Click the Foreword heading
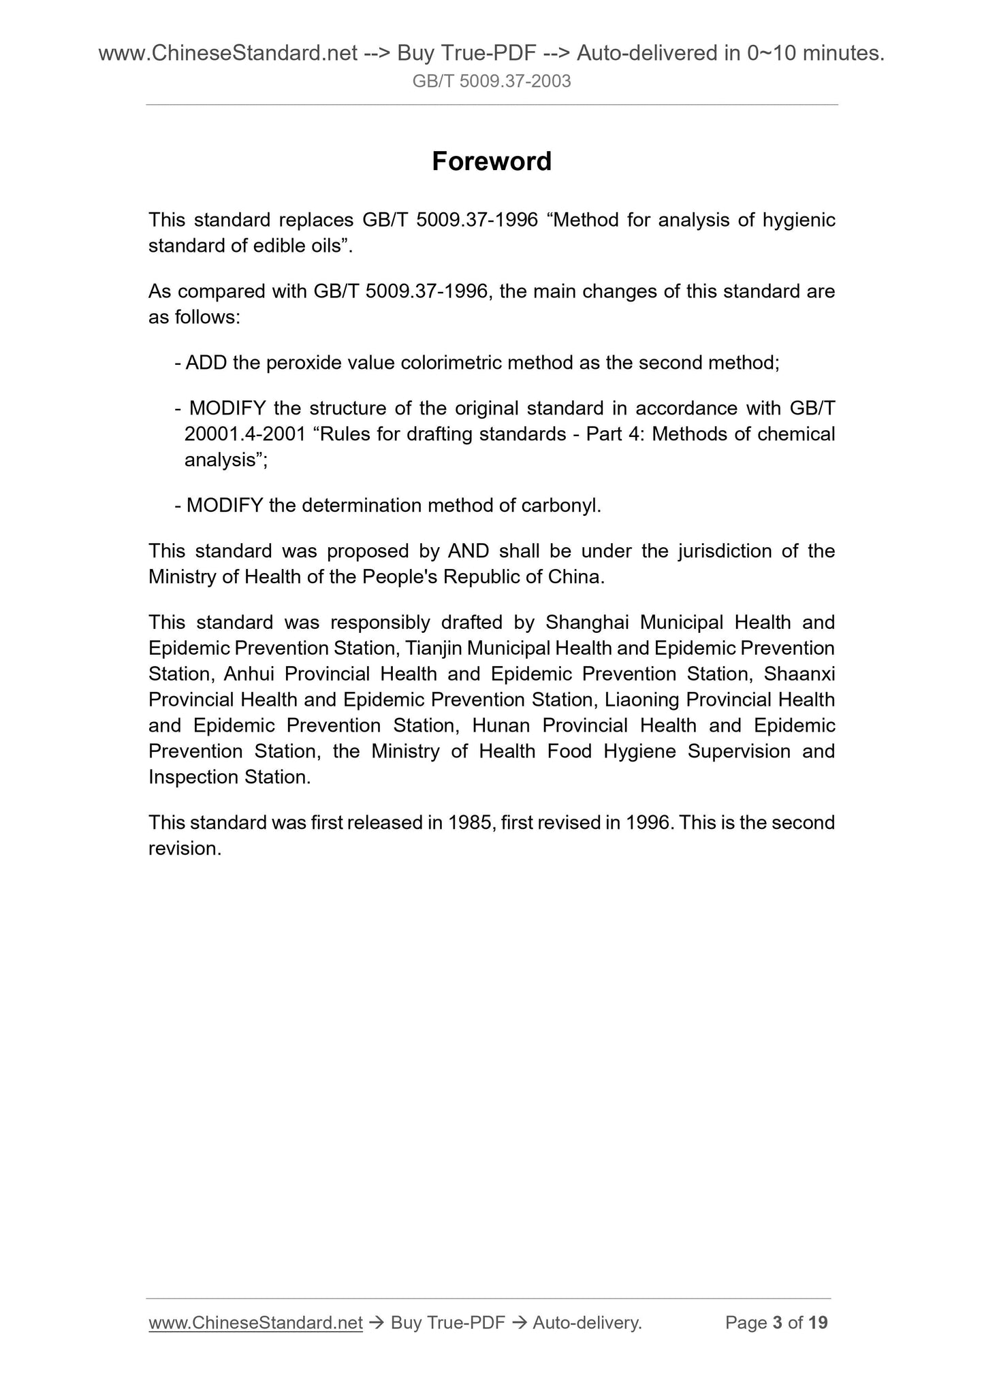pos(492,161)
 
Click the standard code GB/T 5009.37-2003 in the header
pos(492,82)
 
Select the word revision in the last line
pos(184,849)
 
